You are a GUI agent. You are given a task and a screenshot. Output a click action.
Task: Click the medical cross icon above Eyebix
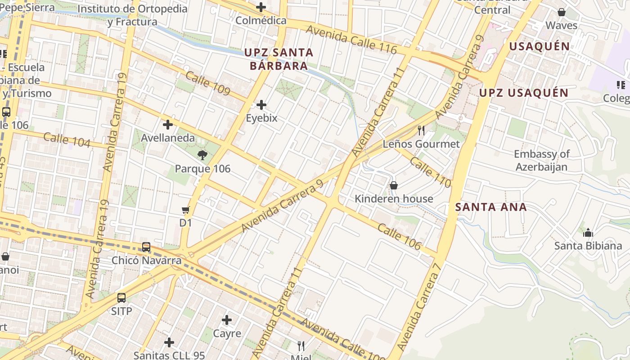[x=261, y=105]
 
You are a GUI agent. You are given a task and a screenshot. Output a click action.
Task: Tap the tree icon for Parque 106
[x=202, y=156]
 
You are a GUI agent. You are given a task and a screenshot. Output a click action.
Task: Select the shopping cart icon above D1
[x=185, y=210]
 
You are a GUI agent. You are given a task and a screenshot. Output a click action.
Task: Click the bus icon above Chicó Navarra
[x=146, y=247]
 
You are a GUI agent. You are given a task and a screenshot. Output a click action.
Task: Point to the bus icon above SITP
[x=121, y=297]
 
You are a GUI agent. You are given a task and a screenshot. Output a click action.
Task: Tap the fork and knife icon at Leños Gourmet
[x=421, y=130]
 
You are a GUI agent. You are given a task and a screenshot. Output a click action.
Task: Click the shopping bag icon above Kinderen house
[x=394, y=185]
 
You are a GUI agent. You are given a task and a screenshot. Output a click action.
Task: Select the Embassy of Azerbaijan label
[x=542, y=161]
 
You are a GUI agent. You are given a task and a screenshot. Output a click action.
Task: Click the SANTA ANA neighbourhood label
[x=490, y=207]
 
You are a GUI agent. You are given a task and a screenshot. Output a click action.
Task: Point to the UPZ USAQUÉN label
[x=524, y=93]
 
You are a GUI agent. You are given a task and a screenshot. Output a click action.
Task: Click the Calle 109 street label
[x=208, y=83]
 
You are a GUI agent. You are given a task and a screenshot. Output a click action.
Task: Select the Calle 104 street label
[x=67, y=140]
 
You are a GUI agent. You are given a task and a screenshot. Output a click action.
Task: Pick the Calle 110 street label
[x=430, y=172]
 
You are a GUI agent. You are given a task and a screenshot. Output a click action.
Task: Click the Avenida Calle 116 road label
[x=351, y=40]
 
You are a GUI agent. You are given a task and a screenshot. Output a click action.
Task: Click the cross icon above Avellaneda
[x=168, y=125]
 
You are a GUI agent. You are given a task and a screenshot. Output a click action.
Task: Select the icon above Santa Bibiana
[x=588, y=233]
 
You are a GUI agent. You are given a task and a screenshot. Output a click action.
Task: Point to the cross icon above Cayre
[x=227, y=320]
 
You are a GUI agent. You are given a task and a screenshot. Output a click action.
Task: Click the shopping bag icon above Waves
[x=561, y=12]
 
